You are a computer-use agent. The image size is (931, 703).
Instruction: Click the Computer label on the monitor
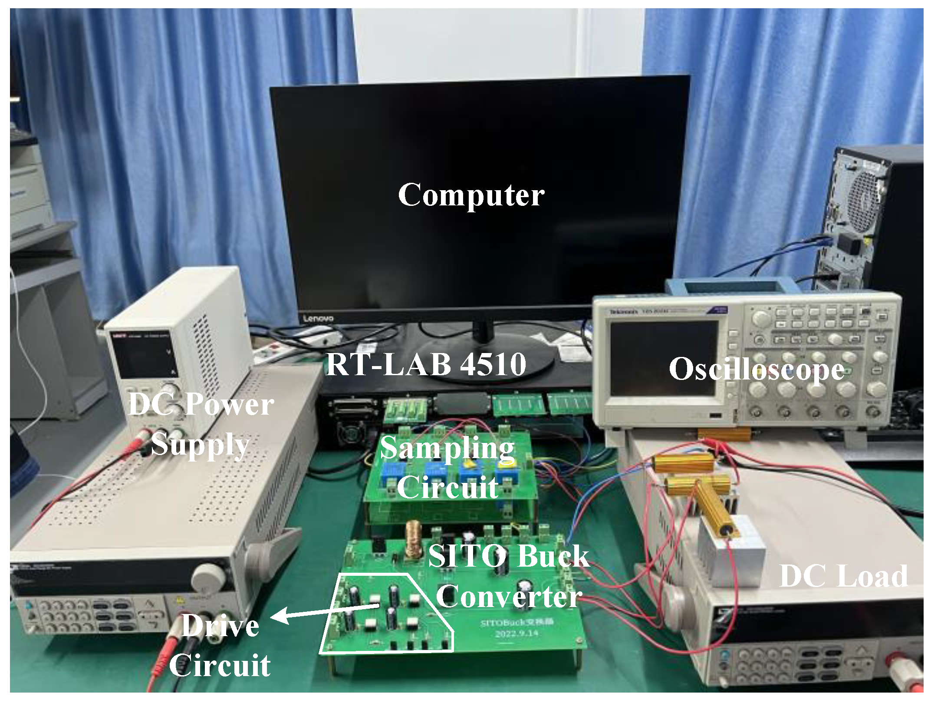click(x=471, y=195)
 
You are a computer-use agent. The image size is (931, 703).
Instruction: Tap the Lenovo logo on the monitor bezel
click(x=318, y=318)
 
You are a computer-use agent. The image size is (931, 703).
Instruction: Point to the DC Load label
click(x=843, y=576)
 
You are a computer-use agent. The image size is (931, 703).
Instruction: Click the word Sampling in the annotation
click(x=447, y=448)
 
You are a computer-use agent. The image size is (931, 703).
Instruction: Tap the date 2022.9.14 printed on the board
click(x=516, y=634)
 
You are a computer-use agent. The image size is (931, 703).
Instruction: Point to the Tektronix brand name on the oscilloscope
click(x=624, y=312)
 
